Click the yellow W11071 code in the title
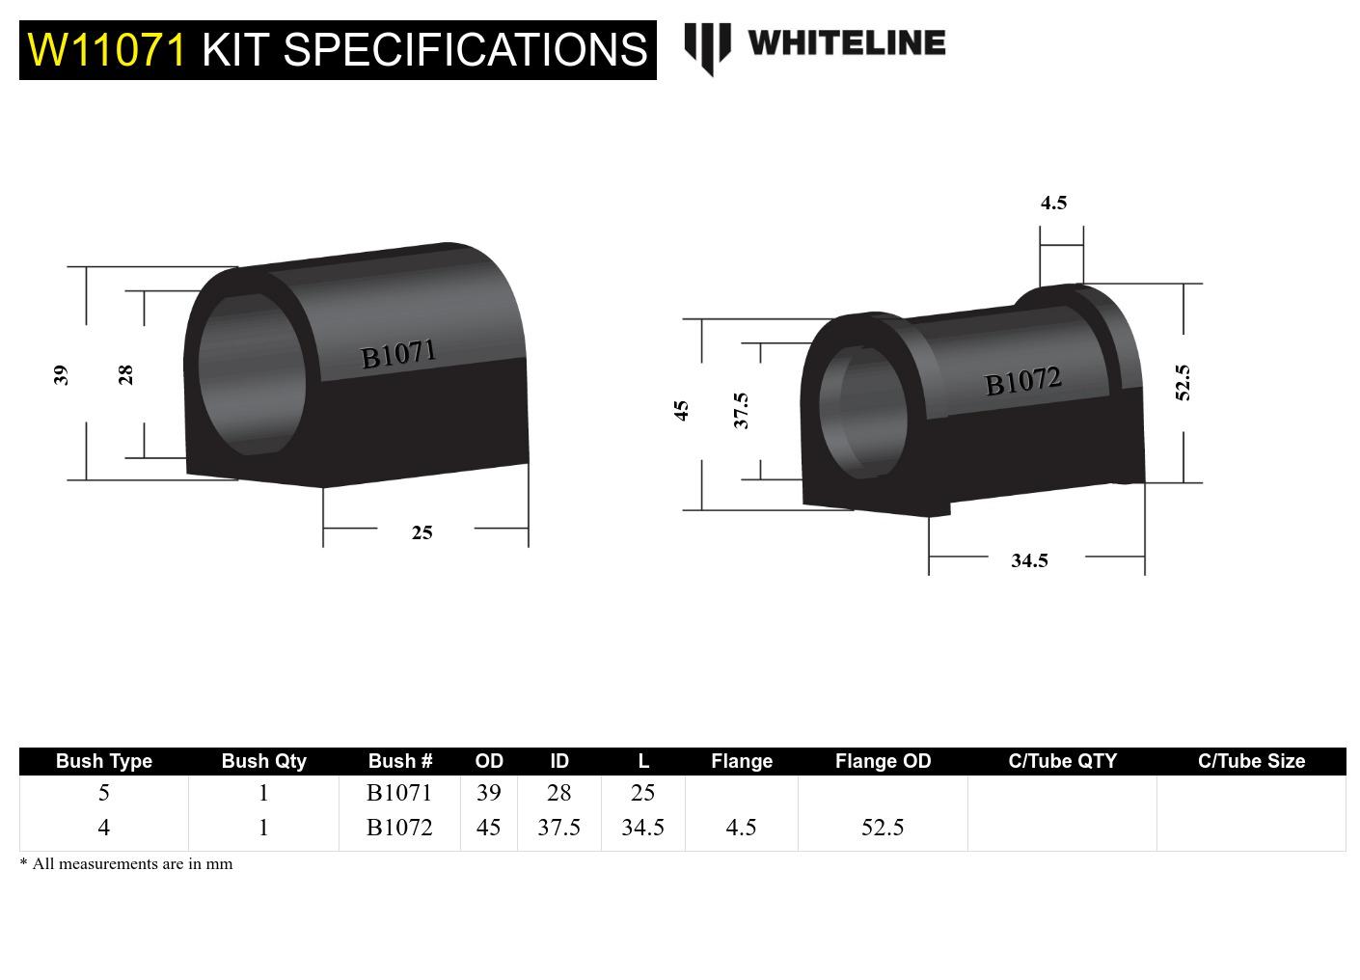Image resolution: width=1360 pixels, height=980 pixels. (x=106, y=49)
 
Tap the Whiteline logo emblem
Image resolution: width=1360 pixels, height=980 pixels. (x=707, y=47)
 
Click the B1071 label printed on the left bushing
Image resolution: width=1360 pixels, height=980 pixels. (x=398, y=354)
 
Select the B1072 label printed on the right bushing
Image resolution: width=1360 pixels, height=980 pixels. (x=1022, y=381)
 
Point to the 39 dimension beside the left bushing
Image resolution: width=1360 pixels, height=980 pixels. (x=61, y=374)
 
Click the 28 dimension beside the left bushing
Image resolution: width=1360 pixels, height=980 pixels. (x=125, y=374)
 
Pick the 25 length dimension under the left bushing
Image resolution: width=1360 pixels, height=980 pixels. (x=422, y=532)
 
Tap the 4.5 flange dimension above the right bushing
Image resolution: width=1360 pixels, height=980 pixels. (x=1053, y=203)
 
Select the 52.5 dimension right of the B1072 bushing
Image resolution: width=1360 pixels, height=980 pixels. (x=1183, y=382)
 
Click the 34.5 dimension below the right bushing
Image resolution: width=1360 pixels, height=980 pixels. (x=1029, y=560)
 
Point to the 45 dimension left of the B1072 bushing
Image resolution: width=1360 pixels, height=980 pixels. (x=681, y=411)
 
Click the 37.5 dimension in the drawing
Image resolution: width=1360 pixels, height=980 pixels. (x=741, y=410)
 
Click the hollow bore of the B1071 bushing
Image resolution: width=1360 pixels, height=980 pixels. (x=251, y=374)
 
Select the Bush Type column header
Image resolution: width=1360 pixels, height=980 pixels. (x=104, y=761)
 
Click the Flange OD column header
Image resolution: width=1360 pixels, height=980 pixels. (x=883, y=761)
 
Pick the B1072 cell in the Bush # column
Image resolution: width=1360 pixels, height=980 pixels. (x=399, y=828)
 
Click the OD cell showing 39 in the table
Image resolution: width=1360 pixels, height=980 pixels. (x=488, y=793)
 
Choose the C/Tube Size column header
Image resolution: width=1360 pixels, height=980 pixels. (x=1251, y=761)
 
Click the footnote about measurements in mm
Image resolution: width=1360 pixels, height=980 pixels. (x=126, y=863)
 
